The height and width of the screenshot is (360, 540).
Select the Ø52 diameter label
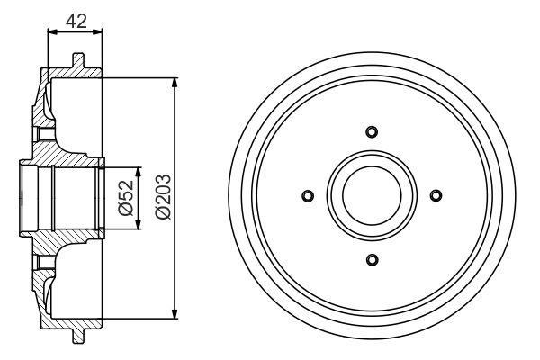(125, 197)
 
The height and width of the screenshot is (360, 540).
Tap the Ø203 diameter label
(162, 197)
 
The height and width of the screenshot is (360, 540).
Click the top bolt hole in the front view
(372, 132)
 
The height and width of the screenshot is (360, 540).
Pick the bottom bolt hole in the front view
(372, 261)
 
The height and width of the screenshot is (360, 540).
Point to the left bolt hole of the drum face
(307, 196)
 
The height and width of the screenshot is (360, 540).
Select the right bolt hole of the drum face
(436, 196)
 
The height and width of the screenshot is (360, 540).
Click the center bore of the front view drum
(372, 196)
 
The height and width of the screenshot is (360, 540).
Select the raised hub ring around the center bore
(372, 157)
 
